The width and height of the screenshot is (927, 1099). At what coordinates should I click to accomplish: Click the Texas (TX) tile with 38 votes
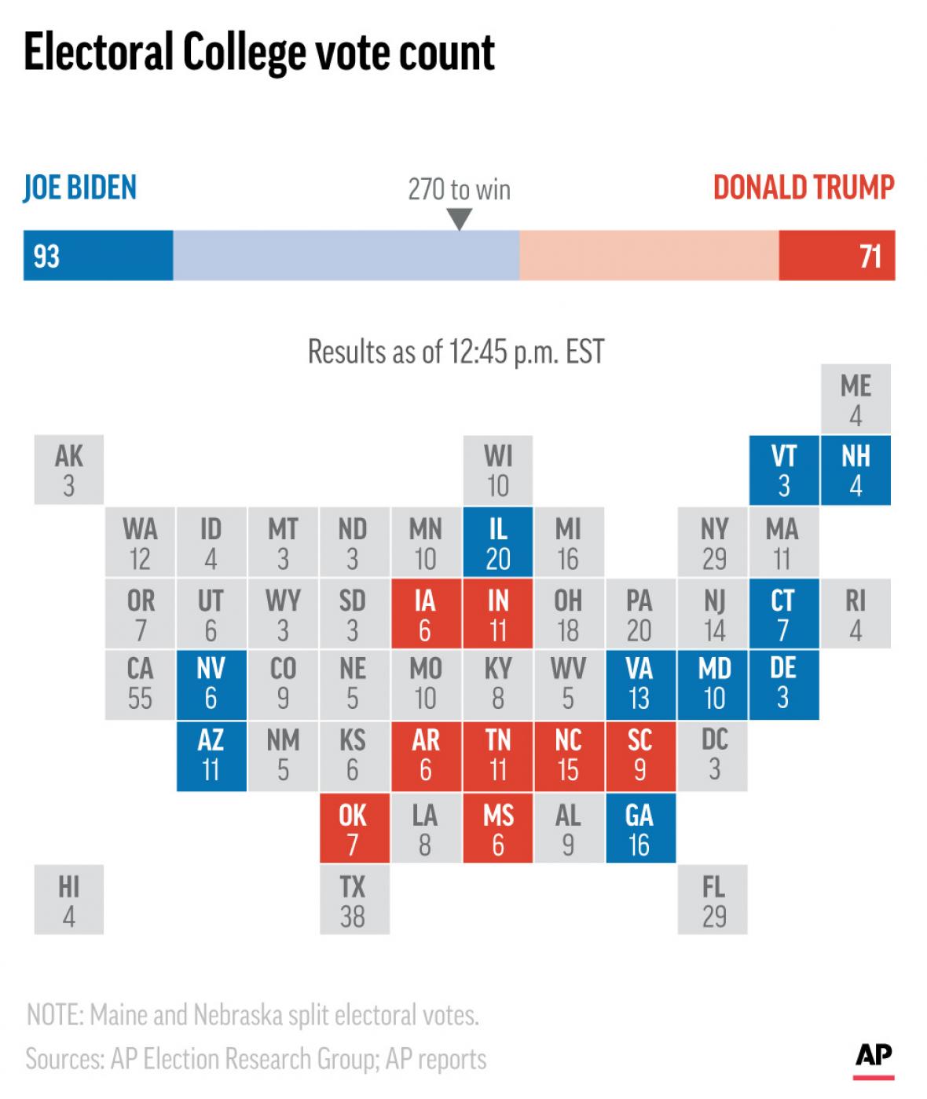pos(354,900)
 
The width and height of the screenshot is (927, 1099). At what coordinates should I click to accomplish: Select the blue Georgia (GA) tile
pos(640,829)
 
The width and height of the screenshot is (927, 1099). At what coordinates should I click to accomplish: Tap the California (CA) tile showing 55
pos(140,684)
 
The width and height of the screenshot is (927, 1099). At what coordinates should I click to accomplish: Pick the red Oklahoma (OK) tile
pos(354,829)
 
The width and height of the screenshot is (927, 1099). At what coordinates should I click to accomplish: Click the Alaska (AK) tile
pos(69,469)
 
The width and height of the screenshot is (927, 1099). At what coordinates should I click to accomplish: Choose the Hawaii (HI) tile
pos(69,900)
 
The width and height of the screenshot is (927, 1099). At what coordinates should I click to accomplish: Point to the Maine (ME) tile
pos(856,399)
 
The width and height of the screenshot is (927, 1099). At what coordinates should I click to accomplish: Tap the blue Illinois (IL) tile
pos(498,542)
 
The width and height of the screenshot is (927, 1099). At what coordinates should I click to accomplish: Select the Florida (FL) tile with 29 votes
pos(713,900)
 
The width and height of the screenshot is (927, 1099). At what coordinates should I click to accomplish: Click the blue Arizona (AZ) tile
pos(211,755)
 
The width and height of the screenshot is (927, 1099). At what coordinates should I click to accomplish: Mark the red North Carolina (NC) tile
pos(569,755)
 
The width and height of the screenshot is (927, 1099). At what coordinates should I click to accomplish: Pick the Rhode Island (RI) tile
pos(856,615)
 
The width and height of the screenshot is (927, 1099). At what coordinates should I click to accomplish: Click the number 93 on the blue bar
pos(46,257)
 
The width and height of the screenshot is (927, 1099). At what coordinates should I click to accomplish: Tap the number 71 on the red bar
pos(870,257)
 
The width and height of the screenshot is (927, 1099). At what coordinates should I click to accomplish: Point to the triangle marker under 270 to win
pos(459,220)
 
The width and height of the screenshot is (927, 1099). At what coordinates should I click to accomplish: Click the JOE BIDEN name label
pos(80,188)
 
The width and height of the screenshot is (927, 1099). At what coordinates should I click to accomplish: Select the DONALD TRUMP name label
pos(804,188)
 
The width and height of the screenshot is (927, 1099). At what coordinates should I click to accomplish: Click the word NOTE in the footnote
pos(53,1015)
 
